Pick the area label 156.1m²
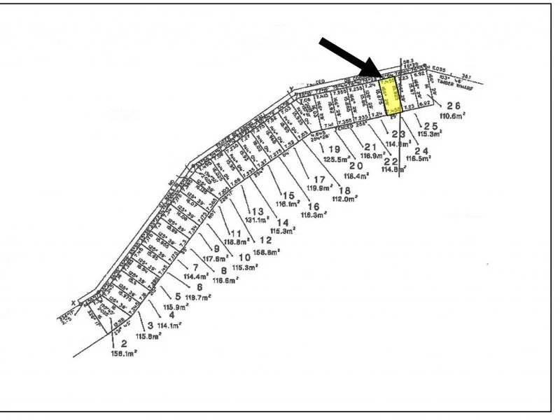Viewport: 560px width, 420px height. (x=123, y=353)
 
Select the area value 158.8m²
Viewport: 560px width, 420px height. (x=265, y=251)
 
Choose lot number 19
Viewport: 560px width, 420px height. (x=333, y=150)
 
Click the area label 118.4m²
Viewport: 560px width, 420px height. (x=356, y=176)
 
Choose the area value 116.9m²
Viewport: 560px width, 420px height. (x=371, y=155)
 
